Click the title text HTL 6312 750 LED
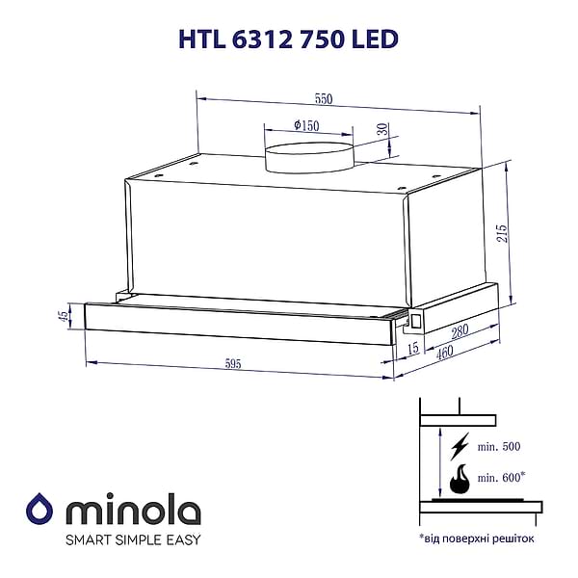[x=287, y=38]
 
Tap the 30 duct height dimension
[x=381, y=130]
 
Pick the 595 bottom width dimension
[x=232, y=364]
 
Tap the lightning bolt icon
[x=460, y=445]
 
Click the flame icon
[x=460, y=479]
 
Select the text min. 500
[x=498, y=446]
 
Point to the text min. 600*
[x=502, y=477]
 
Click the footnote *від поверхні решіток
[x=476, y=538]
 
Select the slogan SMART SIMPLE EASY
[x=133, y=539]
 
